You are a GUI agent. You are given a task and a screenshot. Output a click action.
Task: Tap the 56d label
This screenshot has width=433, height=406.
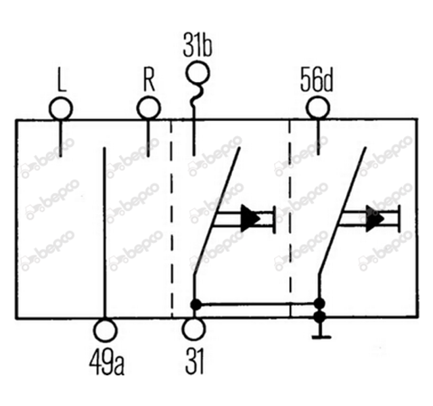coord(317,79)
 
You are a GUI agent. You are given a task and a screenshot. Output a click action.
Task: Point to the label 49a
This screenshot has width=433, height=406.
coord(107,363)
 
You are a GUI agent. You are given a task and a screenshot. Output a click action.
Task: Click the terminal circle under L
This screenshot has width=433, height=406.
coord(61,108)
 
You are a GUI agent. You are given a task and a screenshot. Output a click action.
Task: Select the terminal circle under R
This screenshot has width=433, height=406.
coord(149,108)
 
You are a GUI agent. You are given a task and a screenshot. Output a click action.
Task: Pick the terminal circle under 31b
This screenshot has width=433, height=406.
coord(198,73)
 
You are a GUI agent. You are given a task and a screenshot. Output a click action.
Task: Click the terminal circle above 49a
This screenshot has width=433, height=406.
coord(106,330)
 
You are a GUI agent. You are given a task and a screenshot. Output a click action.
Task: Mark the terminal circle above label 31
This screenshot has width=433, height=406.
coord(194,329)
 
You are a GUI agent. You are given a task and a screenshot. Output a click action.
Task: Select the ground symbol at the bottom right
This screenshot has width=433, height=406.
coord(321,337)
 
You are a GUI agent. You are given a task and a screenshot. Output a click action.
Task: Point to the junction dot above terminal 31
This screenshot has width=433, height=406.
coord(196,304)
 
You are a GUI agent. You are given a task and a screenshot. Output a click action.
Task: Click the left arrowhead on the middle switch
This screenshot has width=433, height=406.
coord(250,219)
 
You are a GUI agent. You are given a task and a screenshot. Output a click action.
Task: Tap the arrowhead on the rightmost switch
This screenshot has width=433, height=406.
coord(374,219)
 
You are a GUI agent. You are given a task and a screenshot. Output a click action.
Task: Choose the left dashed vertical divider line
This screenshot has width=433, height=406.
coord(171,219)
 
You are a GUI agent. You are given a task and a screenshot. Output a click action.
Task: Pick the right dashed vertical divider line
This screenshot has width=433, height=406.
coord(290,218)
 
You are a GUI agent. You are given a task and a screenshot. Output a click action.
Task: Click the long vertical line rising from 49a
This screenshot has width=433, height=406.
coord(104,233)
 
